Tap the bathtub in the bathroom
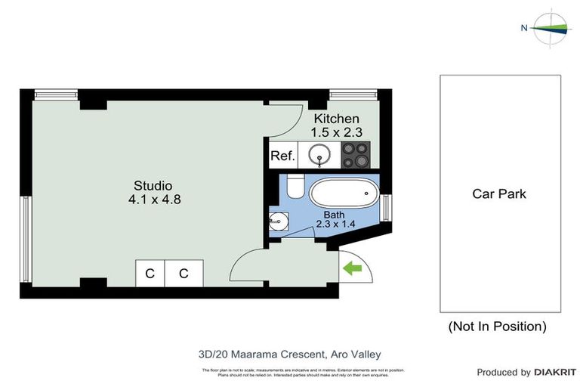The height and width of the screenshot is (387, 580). (344, 194)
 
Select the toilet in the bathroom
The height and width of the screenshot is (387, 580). (295, 186)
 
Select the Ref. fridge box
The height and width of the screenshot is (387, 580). (282, 157)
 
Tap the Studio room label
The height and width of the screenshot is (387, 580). (153, 185)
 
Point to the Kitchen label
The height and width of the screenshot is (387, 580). (336, 119)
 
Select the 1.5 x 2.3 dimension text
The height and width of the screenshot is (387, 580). (337, 132)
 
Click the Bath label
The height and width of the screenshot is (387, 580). (334, 215)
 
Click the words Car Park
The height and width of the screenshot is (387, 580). (499, 193)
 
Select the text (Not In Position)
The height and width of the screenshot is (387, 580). (497, 327)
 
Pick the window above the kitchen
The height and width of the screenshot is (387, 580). (353, 94)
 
